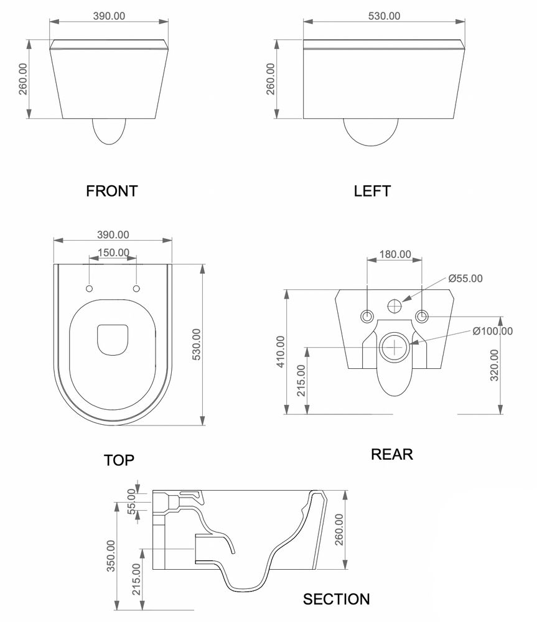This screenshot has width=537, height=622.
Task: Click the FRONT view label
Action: click(111, 191)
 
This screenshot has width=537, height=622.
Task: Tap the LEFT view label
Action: click(372, 191)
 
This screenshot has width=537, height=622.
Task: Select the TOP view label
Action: click(119, 460)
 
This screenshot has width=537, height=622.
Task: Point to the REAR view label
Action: click(392, 454)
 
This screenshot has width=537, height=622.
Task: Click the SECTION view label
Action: click(336, 599)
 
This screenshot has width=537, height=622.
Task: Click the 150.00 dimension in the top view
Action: click(113, 253)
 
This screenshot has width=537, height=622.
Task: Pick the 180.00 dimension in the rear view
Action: click(395, 254)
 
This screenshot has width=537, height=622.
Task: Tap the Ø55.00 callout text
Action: click(465, 279)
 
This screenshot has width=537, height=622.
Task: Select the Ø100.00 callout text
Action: click(492, 331)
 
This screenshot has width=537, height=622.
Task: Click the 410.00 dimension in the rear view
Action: click(281, 352)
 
